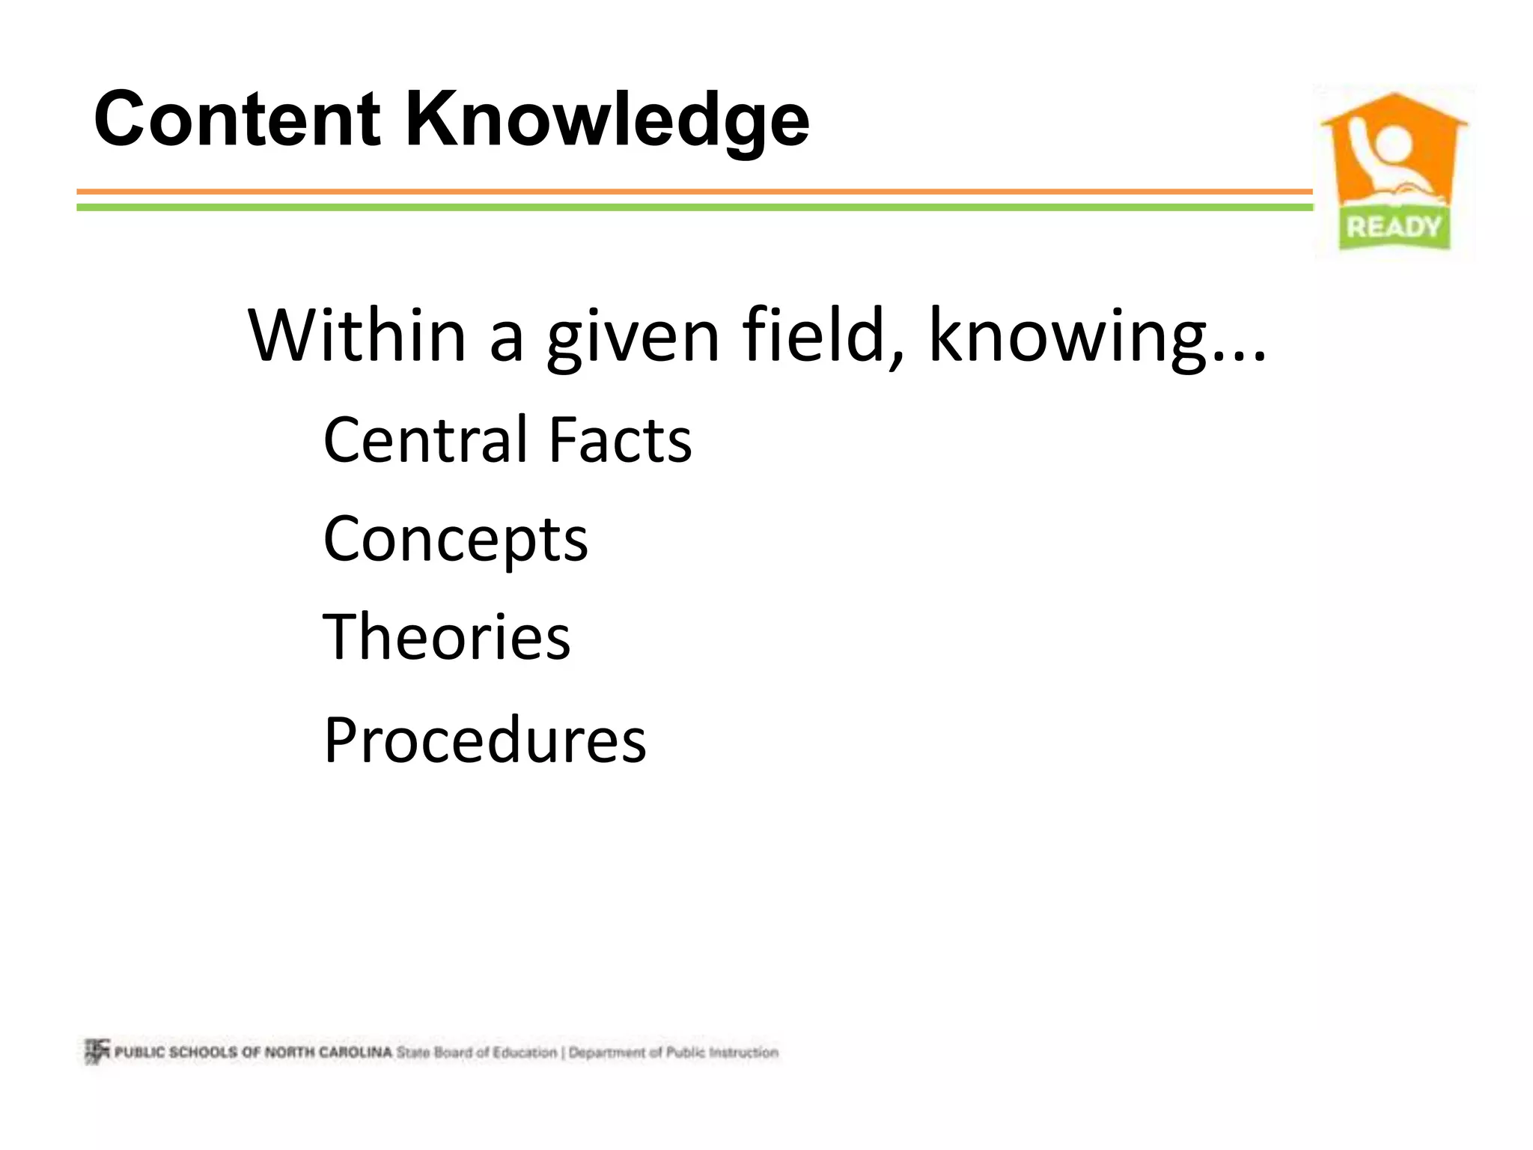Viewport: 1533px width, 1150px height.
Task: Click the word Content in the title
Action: (x=237, y=120)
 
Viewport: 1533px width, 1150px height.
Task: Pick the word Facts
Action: (x=620, y=440)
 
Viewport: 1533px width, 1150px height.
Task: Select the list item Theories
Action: (x=447, y=637)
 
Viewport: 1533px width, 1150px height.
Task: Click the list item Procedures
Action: (x=485, y=740)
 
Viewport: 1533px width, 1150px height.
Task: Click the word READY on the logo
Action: (x=1393, y=226)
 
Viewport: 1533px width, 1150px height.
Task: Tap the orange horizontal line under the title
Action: (x=695, y=192)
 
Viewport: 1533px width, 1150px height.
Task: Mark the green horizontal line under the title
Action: (x=695, y=207)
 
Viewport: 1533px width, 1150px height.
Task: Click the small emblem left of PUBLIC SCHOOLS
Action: (x=97, y=1051)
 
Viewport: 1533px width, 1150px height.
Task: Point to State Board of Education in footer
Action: (x=477, y=1052)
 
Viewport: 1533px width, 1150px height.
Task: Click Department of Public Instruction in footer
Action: (x=674, y=1052)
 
